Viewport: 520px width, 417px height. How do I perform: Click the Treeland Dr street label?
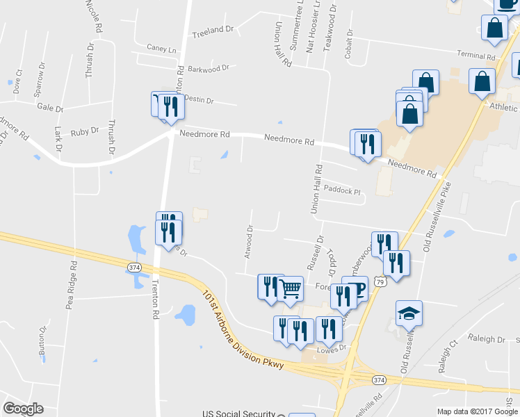[213, 30]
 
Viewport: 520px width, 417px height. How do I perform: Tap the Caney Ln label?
[161, 49]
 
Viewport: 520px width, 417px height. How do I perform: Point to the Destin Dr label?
[198, 100]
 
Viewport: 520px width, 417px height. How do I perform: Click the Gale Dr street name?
[49, 108]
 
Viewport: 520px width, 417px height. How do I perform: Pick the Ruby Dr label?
[85, 131]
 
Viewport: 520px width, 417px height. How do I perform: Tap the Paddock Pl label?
[343, 191]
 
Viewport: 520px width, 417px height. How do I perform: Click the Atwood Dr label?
[247, 241]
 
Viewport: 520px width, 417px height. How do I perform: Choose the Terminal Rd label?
[476, 55]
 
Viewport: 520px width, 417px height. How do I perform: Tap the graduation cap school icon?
[409, 314]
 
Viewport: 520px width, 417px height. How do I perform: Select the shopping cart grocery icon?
[291, 288]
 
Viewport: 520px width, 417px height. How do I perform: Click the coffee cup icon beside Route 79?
[359, 287]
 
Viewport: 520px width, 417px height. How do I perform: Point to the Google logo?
[23, 409]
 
